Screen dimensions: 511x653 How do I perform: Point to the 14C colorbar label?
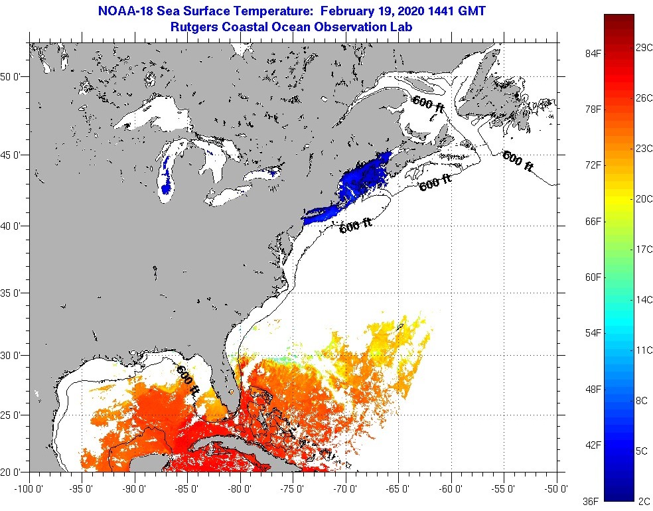[643, 299]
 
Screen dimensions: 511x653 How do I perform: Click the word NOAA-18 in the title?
[124, 11]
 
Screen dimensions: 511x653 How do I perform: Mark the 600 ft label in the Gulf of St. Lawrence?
[428, 104]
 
